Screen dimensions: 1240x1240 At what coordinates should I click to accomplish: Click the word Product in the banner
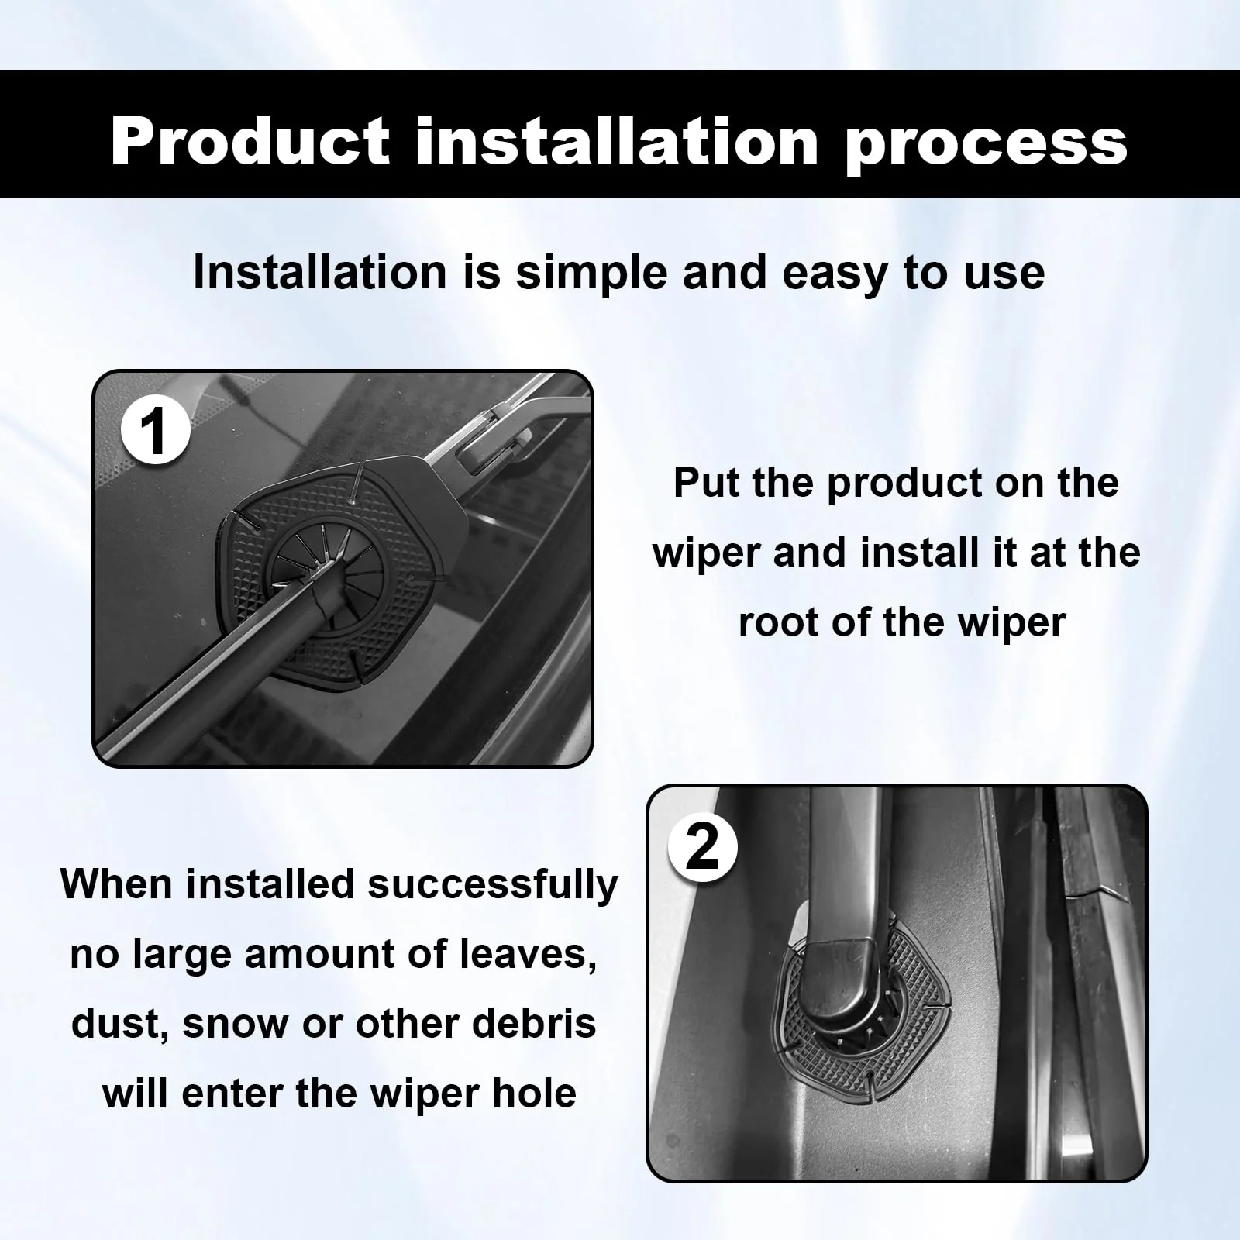tap(250, 142)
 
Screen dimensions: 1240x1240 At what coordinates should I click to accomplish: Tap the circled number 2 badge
tap(703, 848)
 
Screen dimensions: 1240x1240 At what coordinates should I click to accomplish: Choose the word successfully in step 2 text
tap(493, 884)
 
